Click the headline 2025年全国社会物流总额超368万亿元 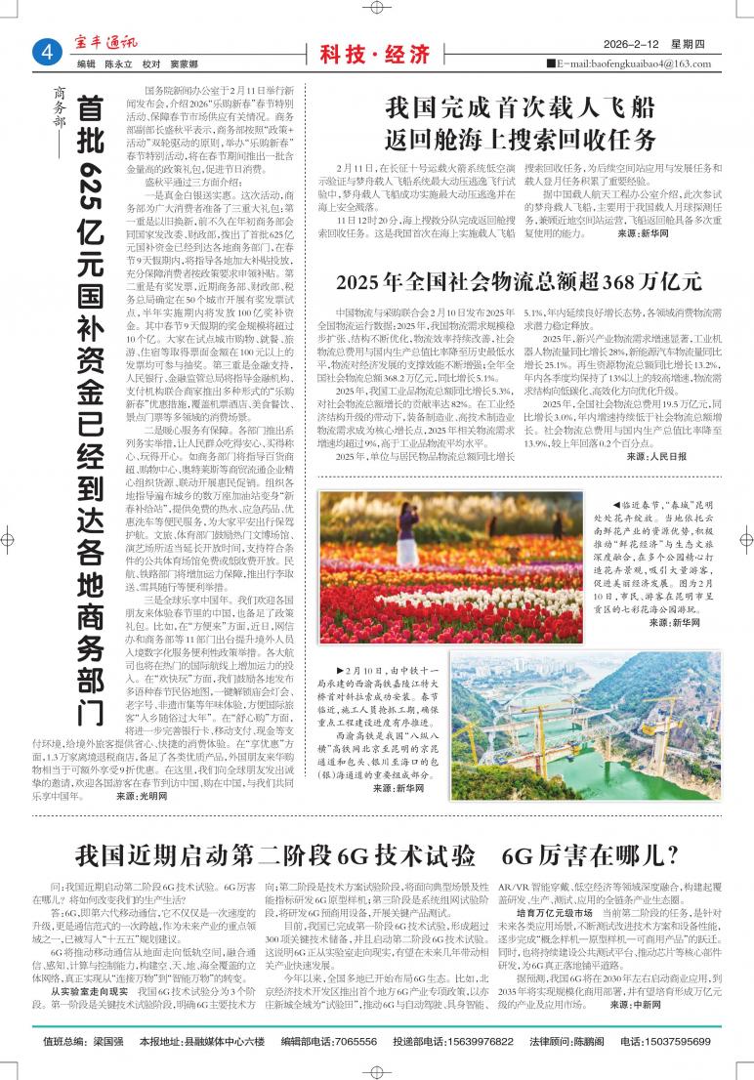click(518, 283)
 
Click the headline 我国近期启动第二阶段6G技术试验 click(274, 856)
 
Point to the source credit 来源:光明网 click(141, 796)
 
